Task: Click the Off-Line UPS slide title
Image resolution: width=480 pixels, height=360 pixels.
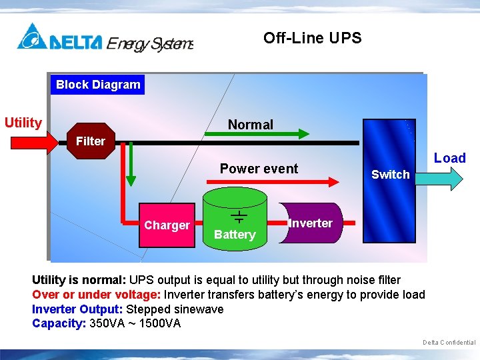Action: tap(312, 38)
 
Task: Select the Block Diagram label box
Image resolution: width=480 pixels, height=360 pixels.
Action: tap(98, 85)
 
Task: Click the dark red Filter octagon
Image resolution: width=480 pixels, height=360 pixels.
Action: tap(90, 141)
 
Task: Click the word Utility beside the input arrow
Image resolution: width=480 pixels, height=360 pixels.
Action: tap(23, 123)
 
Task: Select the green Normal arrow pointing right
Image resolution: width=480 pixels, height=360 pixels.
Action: tap(256, 134)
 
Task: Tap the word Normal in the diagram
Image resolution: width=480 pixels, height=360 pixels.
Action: tap(250, 125)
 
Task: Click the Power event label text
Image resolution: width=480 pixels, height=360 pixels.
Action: tap(259, 169)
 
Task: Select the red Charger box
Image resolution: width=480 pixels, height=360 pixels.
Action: tap(167, 225)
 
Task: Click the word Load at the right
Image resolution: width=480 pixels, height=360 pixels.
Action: tap(449, 158)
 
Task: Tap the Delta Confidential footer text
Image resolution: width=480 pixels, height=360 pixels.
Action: tap(449, 343)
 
